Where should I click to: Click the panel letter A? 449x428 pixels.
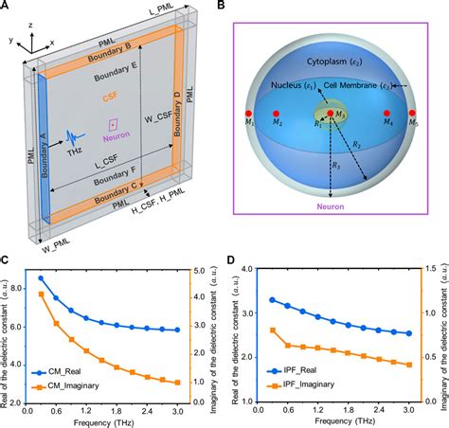(x=7, y=8)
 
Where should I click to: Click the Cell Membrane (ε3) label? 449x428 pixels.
(x=371, y=87)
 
